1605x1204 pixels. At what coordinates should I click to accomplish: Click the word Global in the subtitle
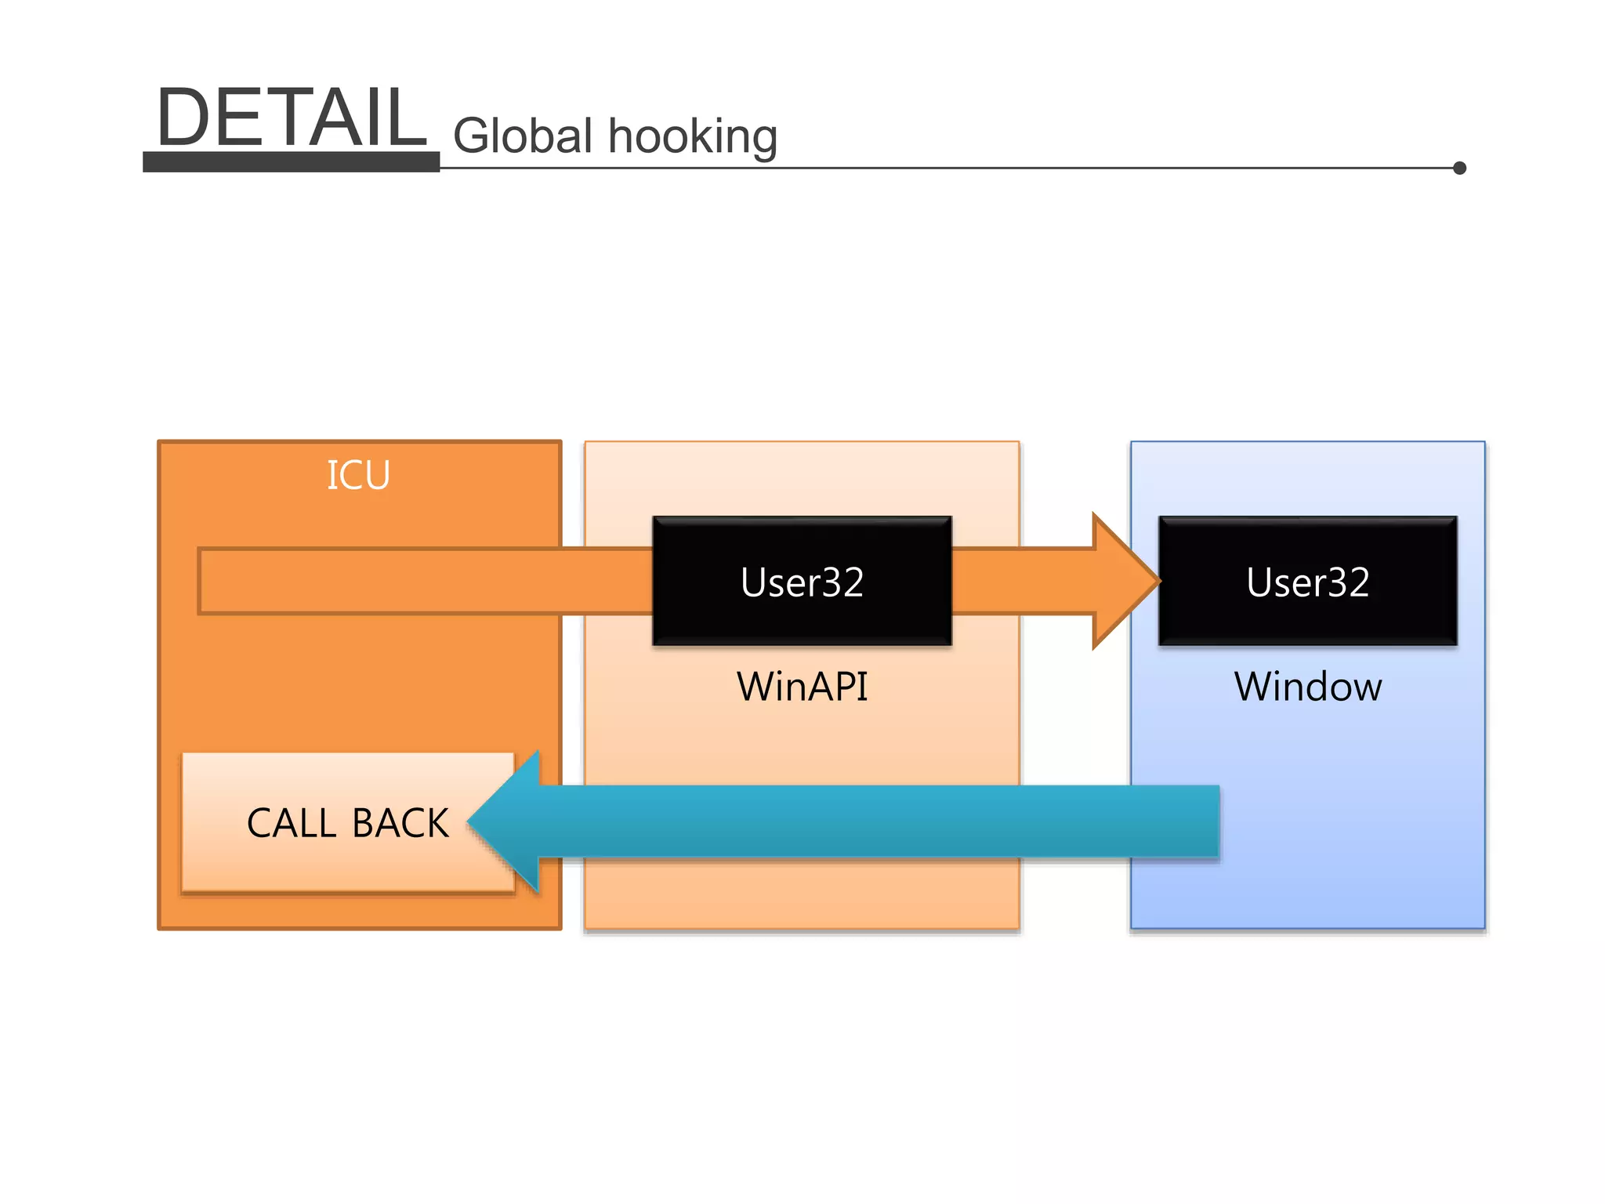(523, 136)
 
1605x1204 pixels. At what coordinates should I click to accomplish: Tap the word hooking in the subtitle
(693, 137)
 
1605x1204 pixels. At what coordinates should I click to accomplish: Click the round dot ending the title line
(1459, 168)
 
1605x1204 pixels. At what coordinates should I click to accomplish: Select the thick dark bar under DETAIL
(291, 162)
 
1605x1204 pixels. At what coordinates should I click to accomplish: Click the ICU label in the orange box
(358, 476)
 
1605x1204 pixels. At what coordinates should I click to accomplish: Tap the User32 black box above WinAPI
(802, 581)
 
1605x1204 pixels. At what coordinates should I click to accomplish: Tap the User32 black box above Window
(1308, 581)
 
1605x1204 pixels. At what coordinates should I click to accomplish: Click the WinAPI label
(802, 687)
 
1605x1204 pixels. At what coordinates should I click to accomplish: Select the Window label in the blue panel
(1308, 687)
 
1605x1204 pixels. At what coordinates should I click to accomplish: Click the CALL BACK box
(347, 822)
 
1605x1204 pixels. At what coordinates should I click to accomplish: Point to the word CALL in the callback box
(292, 824)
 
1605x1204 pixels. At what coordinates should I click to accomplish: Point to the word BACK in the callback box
(400, 824)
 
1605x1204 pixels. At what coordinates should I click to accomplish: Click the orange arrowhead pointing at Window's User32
(1125, 581)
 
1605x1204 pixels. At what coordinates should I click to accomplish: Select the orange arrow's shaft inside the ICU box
(376, 581)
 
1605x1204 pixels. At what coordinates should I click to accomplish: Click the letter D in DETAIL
(182, 118)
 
